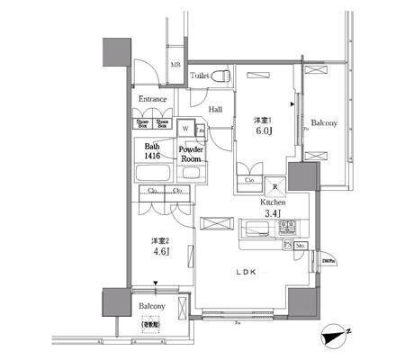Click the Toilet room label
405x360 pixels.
coord(200,77)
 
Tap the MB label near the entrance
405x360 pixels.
coord(176,65)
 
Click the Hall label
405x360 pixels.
coord(216,109)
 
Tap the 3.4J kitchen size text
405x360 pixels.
coord(274,214)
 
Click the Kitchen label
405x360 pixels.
coord(274,203)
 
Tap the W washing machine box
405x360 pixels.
coord(184,129)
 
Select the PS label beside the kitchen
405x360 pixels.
coord(288,244)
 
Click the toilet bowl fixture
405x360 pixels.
coord(226,76)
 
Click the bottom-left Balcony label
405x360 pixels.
coord(150,306)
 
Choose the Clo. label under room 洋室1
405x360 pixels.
coord(250,180)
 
